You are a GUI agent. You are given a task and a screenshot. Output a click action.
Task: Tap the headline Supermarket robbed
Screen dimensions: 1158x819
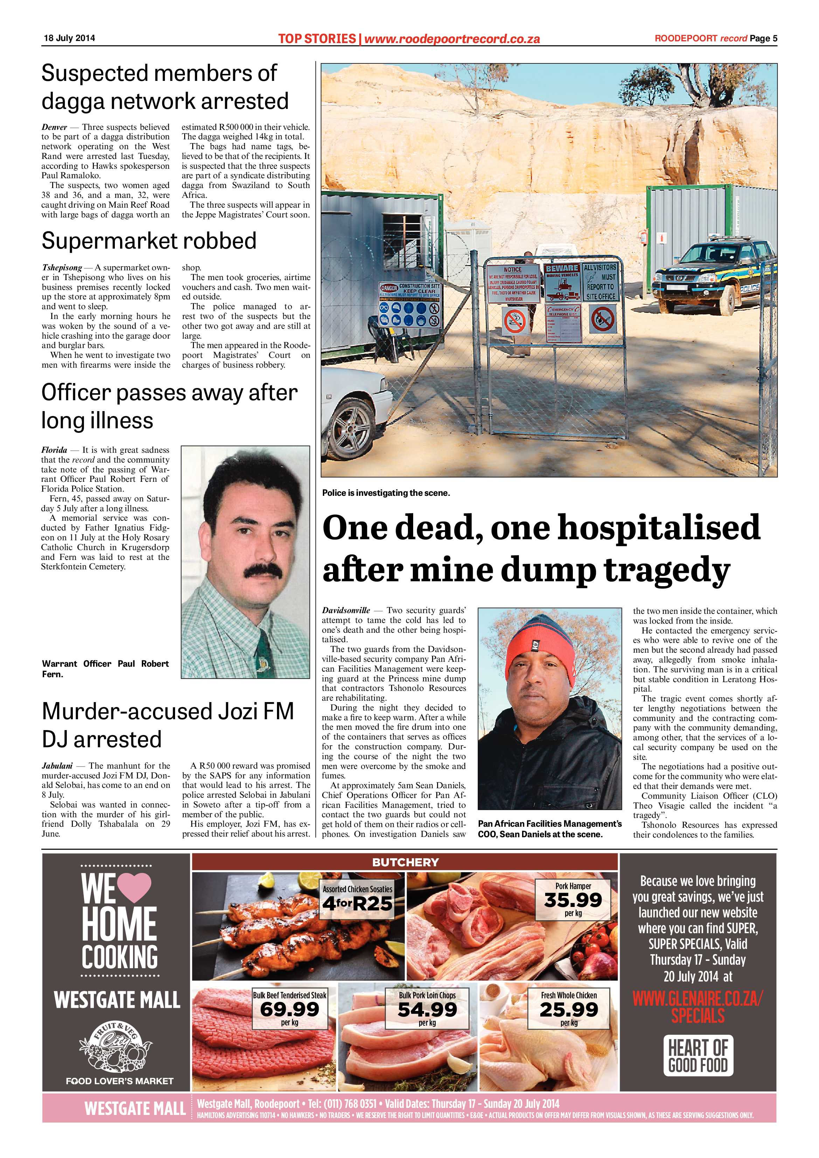149,241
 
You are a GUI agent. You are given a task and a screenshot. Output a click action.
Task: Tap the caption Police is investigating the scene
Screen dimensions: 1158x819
386,493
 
